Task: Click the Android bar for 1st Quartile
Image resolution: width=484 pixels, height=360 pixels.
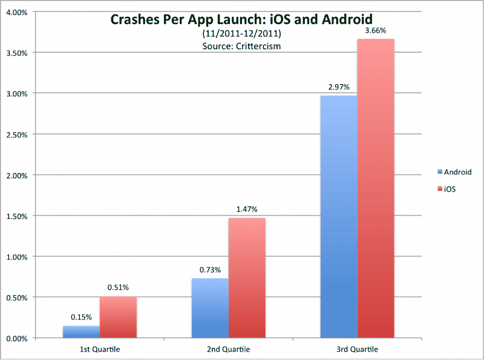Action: click(x=81, y=332)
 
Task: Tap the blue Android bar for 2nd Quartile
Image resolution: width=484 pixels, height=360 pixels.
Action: click(x=210, y=308)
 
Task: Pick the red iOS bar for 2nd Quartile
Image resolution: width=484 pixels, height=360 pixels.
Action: click(x=247, y=278)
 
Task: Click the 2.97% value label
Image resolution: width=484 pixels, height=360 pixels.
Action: click(x=338, y=88)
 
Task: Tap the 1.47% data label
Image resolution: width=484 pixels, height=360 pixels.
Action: click(x=247, y=209)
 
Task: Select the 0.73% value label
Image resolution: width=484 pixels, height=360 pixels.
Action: click(x=210, y=270)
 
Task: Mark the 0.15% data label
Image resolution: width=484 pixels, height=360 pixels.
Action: click(x=81, y=318)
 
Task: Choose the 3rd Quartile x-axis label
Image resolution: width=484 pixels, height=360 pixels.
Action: click(x=358, y=350)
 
